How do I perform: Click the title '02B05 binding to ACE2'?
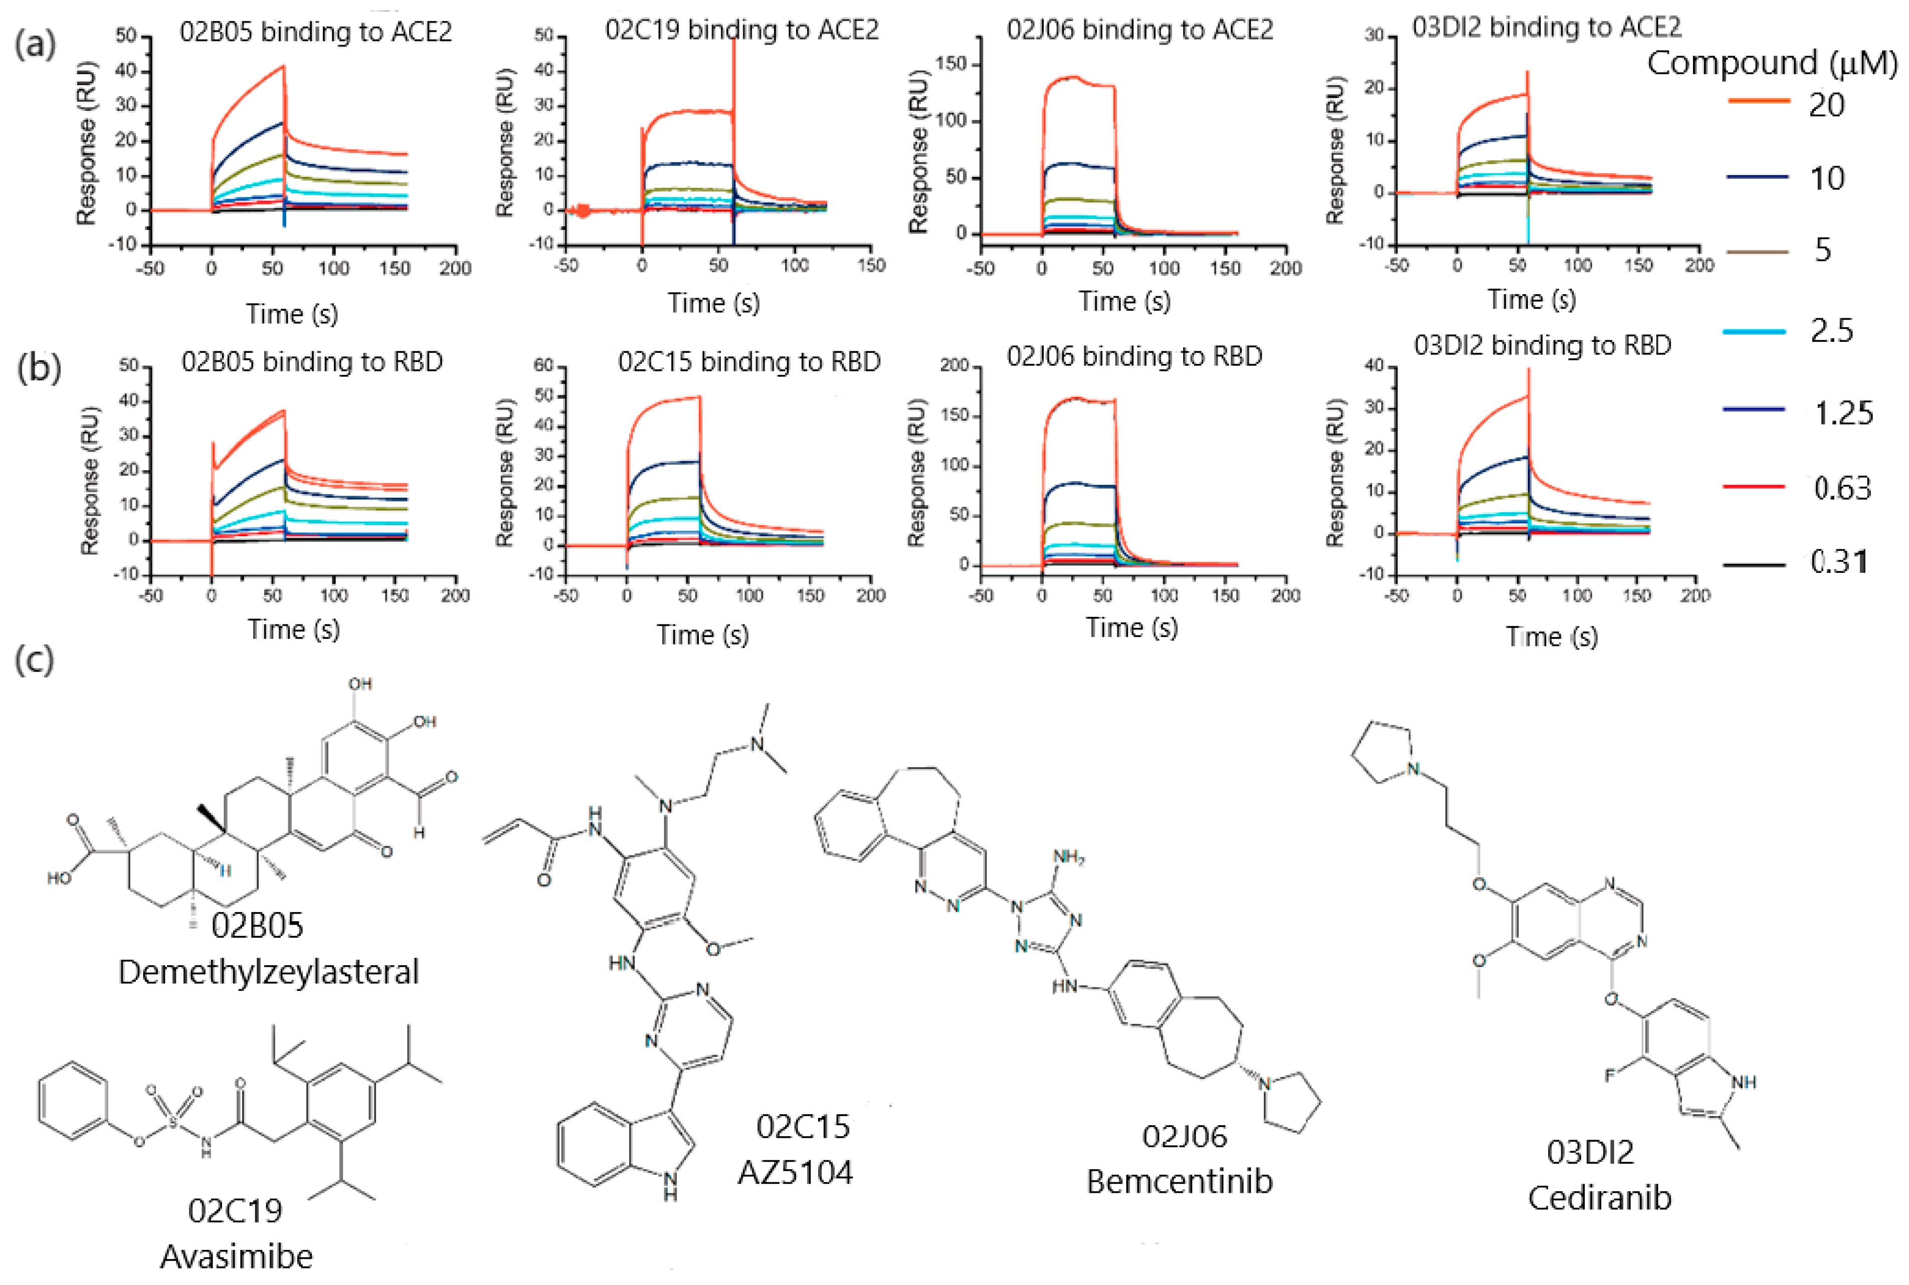315,33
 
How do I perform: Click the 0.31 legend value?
1838,562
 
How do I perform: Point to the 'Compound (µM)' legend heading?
1772,63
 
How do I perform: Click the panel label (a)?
35,44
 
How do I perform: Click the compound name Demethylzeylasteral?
269,973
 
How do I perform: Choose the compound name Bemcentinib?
1180,1182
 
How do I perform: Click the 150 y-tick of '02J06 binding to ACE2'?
951,65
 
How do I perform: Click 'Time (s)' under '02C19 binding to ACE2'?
713,303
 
